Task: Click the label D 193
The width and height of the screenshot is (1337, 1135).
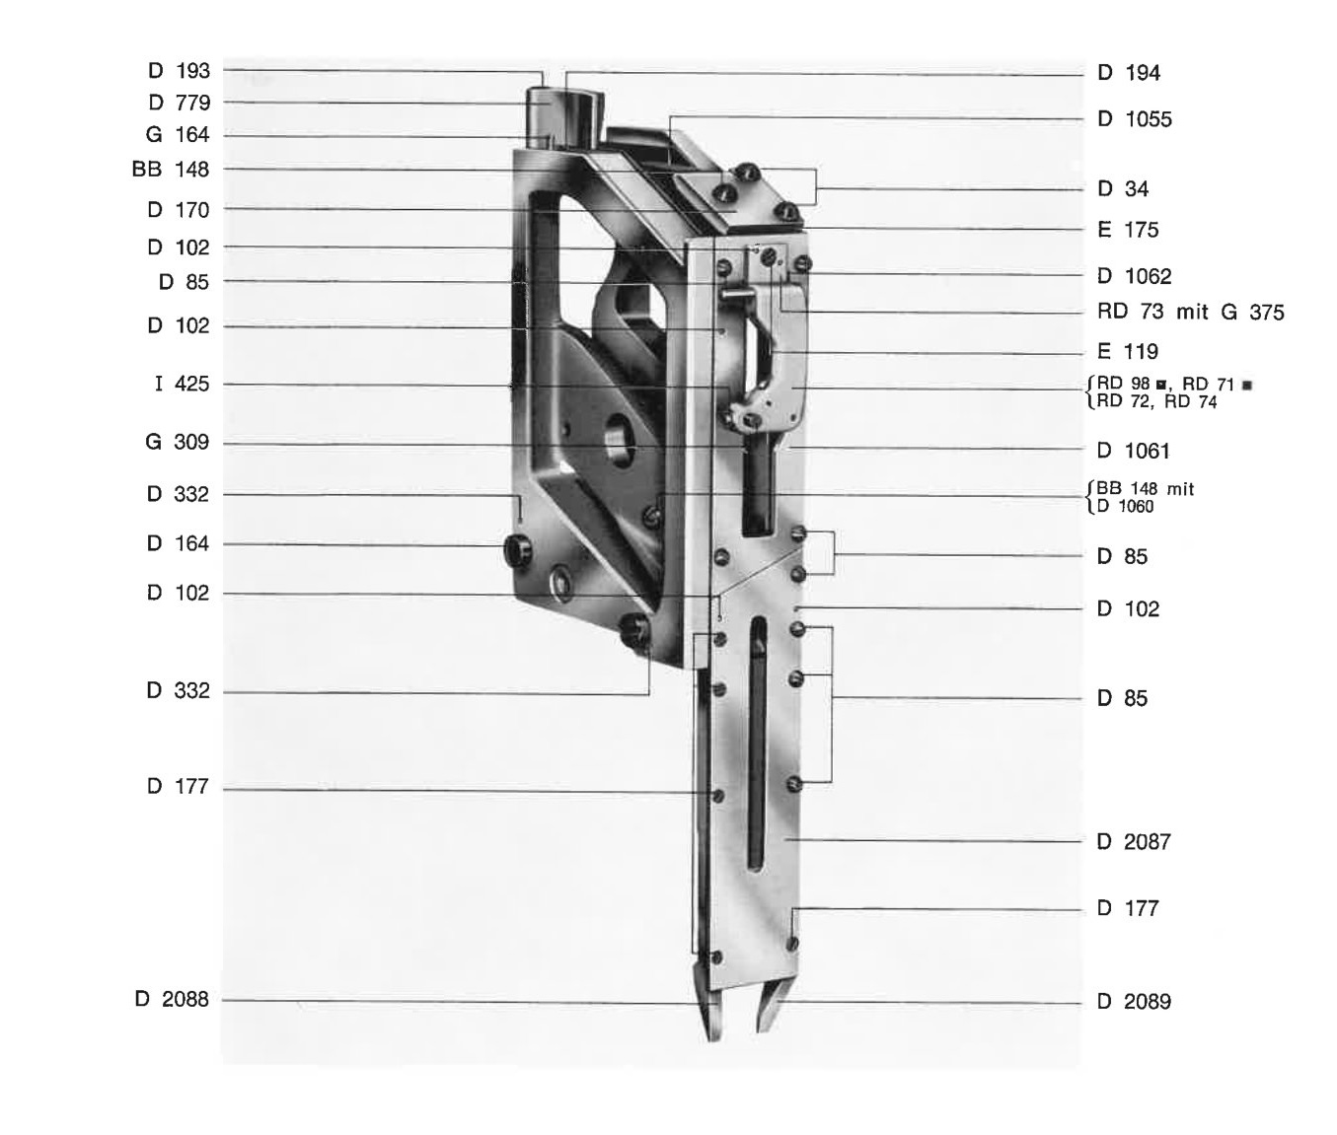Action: [x=180, y=70]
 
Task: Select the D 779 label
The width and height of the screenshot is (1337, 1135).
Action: [x=180, y=103]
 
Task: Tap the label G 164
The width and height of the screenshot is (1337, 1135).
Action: [x=178, y=134]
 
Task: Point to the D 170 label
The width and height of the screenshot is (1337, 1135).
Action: [x=179, y=210]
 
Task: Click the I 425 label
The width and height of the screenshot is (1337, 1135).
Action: [x=183, y=384]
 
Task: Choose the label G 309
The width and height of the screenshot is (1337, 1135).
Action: [x=178, y=442]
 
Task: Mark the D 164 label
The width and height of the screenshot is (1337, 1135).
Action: [x=178, y=543]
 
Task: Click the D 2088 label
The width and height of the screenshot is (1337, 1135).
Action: [x=172, y=999]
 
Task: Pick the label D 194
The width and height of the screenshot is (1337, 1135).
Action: [x=1129, y=73]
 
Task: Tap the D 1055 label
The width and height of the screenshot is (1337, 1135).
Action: [x=1135, y=119]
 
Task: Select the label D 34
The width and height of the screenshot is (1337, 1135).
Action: [x=1123, y=188]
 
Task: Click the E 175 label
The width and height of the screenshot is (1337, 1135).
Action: [x=1128, y=230]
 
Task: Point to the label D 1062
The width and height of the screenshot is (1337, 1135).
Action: [x=1135, y=277]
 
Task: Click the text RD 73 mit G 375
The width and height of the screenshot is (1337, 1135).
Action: [x=1191, y=313]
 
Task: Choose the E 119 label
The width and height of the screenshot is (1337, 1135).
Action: [x=1128, y=352]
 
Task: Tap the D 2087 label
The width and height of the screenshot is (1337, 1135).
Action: [x=1134, y=841]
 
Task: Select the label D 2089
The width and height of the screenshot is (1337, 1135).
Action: [x=1134, y=1001]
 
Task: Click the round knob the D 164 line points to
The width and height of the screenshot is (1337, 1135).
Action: [x=517, y=550]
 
